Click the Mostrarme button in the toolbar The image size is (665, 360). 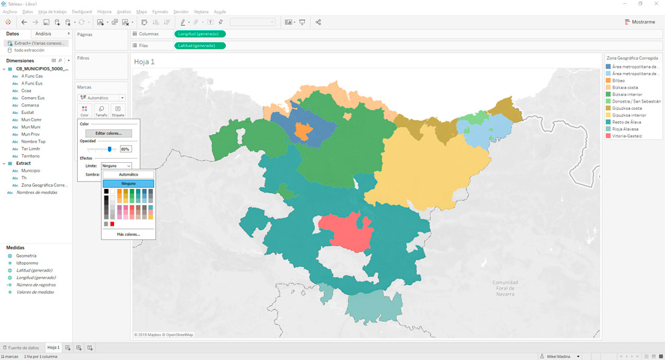640,22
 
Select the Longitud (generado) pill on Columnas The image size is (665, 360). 200,34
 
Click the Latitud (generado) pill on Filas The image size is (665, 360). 200,46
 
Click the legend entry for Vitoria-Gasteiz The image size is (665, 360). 627,136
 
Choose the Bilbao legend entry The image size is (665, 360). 618,80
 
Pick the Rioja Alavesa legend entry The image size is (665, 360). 625,129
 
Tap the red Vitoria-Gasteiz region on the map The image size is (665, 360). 345,231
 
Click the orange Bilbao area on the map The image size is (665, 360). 302,131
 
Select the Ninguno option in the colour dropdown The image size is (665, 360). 128,183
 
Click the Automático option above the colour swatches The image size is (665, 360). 128,174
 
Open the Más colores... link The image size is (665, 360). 128,235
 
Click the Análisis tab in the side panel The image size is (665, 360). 44,34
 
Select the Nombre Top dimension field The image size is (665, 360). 34,141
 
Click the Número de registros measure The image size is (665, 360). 36,285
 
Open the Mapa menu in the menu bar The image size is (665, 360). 141,12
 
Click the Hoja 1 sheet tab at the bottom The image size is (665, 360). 53,348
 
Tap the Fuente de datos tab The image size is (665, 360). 23,348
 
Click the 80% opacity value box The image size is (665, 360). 125,149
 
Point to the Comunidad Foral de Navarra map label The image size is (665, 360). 505,288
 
